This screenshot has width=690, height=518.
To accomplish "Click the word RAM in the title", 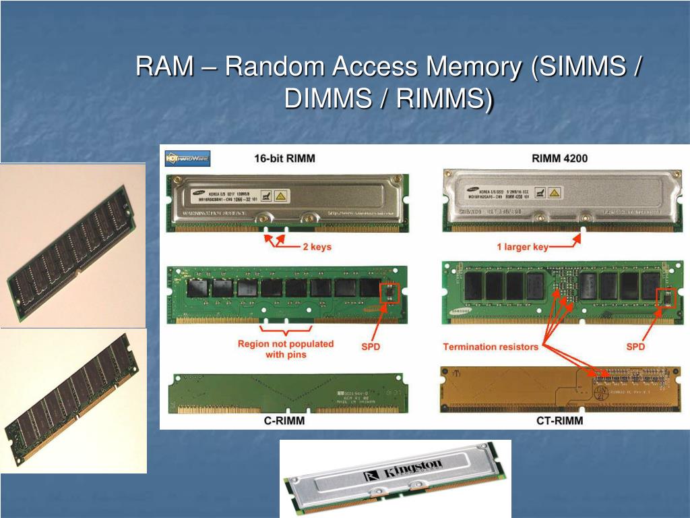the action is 162,67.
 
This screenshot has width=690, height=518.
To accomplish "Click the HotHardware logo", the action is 188,159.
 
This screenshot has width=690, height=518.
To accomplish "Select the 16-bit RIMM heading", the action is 284,159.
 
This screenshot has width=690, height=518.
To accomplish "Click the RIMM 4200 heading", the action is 559,159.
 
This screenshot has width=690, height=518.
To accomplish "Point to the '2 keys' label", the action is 316,247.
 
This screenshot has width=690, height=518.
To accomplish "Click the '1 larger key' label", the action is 522,247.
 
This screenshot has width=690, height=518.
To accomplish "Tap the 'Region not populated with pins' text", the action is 285,349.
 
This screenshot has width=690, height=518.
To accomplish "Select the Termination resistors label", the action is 491,347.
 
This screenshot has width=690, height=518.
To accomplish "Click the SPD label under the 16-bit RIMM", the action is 371,346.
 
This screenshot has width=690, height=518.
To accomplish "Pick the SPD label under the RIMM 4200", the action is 635,347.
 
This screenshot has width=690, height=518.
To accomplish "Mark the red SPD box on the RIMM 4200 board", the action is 666,297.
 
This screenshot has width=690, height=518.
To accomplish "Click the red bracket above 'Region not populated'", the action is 286,330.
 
